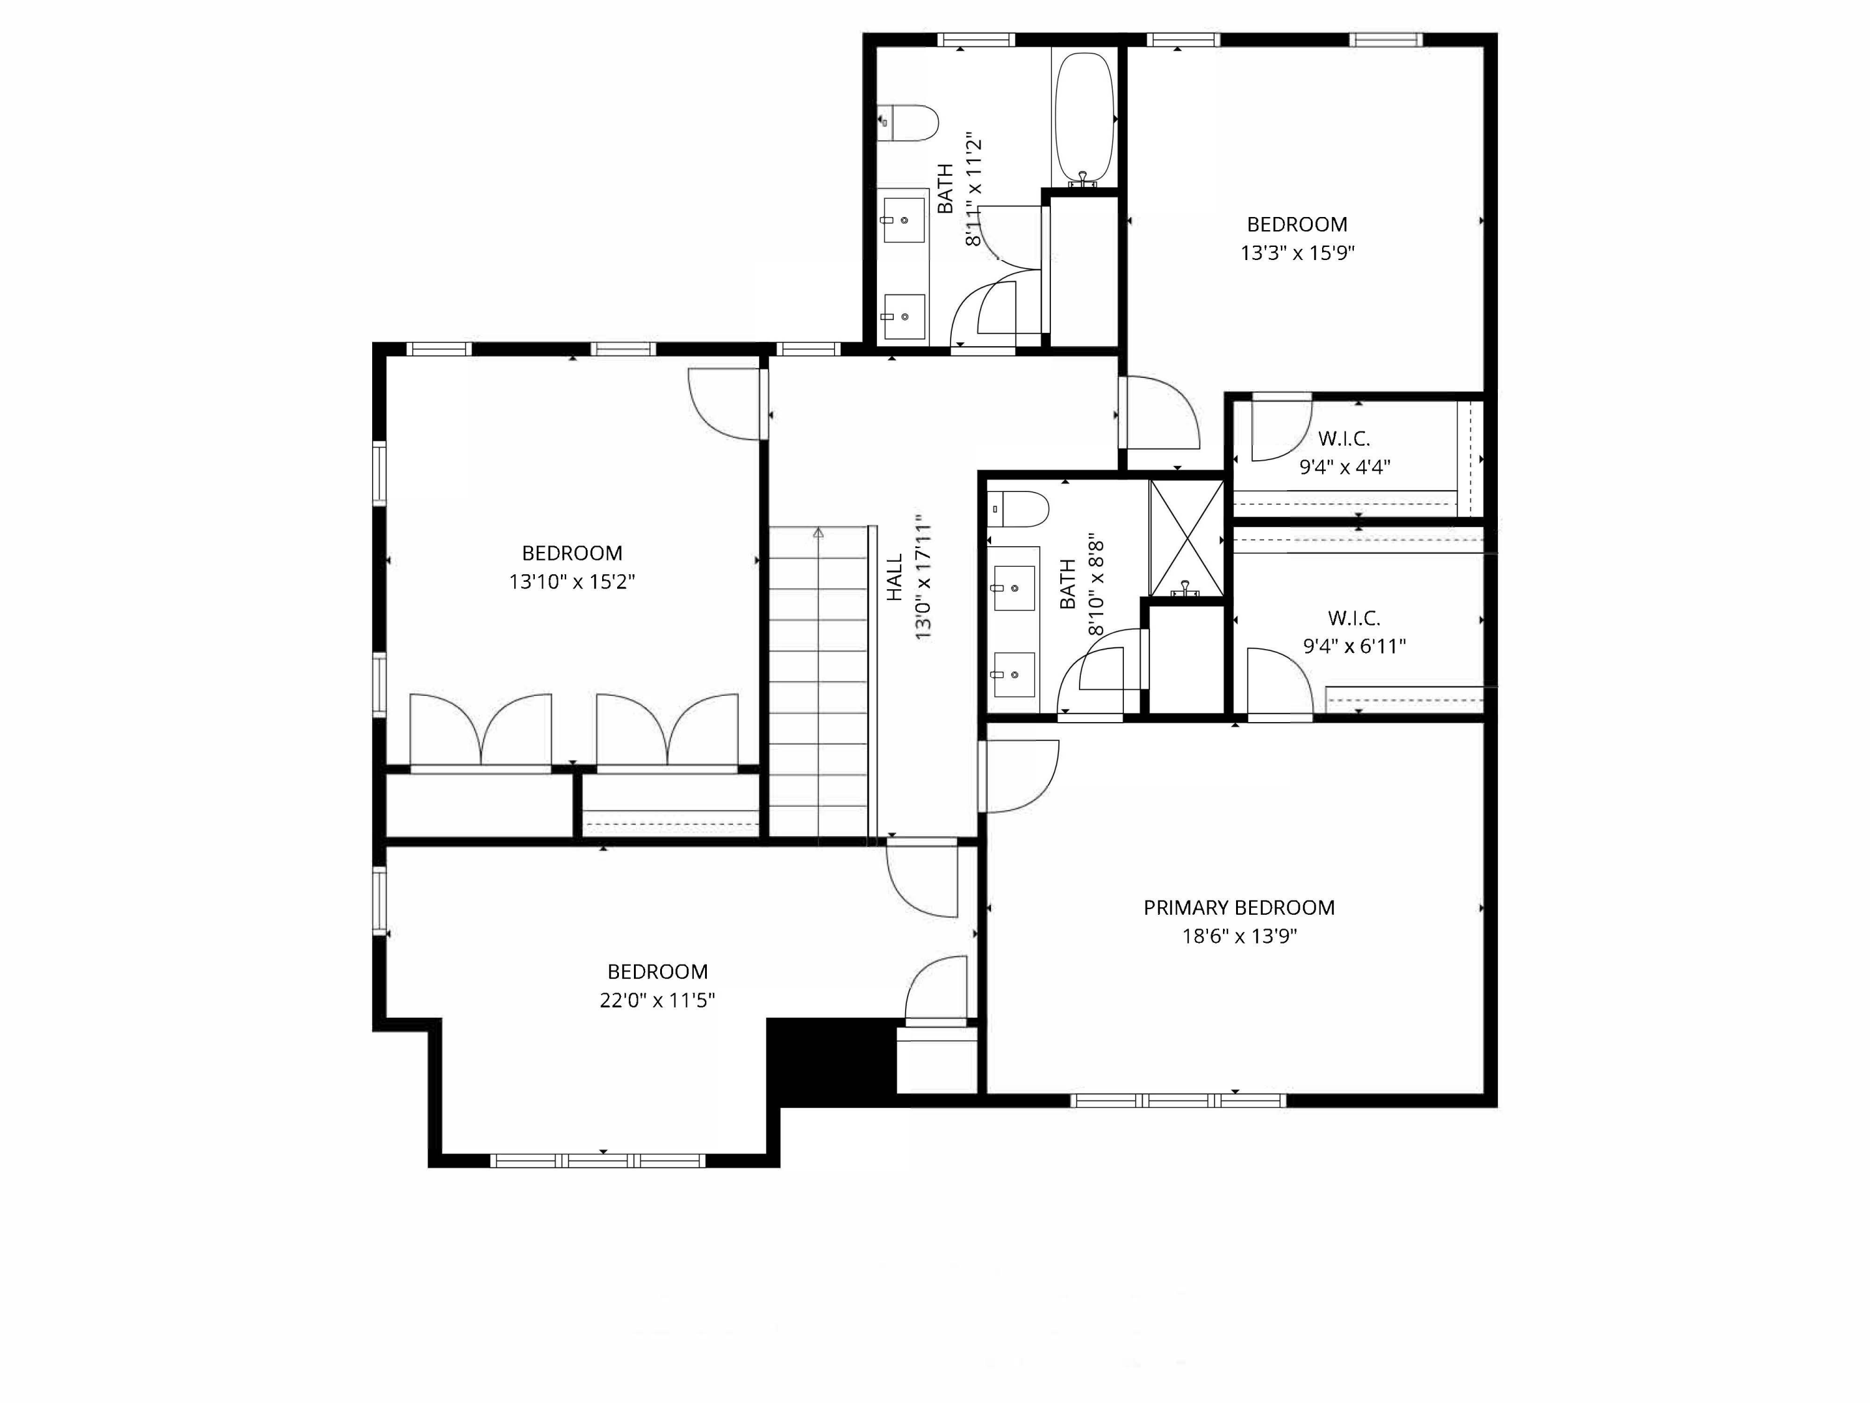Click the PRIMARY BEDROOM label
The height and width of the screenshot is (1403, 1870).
pos(1239,907)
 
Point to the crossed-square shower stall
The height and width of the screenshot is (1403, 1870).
pos(1186,538)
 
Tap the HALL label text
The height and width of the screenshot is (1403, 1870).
pos(894,577)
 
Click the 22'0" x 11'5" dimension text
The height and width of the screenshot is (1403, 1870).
pos(657,1000)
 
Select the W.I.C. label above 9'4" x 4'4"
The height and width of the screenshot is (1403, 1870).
pos(1344,439)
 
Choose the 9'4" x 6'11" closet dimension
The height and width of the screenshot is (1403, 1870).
pos(1355,646)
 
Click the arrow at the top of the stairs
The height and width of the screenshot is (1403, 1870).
pos(818,533)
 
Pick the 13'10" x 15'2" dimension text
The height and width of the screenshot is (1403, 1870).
pos(572,582)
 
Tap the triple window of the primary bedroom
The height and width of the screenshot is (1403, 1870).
pos(1179,1100)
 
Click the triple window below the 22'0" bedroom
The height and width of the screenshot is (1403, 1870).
pos(598,1161)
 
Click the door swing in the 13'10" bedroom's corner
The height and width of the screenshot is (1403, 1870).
pos(724,404)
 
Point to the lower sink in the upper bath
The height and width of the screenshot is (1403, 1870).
pos(904,316)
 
